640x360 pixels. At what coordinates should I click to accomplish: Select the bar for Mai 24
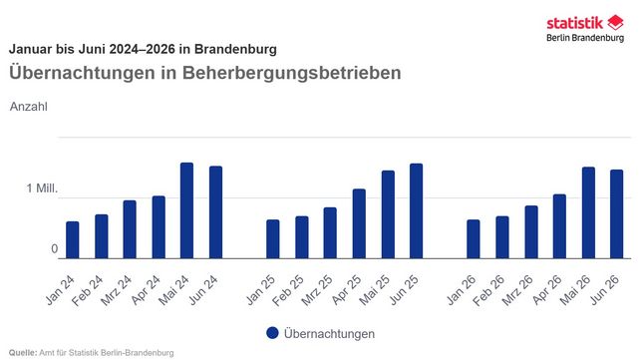pos(187,210)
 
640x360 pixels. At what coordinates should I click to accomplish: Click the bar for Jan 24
pos(72,240)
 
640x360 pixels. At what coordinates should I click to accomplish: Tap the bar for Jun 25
pos(417,211)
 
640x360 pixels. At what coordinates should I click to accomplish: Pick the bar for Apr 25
pos(359,223)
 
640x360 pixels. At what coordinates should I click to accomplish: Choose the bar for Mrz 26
pos(531,231)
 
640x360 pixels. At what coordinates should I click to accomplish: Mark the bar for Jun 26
pos(617,213)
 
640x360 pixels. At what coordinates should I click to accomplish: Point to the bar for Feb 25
pos(302,237)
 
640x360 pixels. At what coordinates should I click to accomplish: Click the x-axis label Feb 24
pos(87,290)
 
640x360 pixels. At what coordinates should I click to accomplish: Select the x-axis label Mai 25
pos(374,290)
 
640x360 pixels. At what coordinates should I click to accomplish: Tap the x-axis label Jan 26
pos(462,290)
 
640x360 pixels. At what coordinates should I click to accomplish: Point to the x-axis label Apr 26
pos(547,290)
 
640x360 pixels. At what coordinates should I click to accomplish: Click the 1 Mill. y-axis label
pos(42,188)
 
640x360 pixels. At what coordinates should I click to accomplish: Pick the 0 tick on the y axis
pos(54,249)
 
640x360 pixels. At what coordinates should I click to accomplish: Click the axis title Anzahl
pos(29,107)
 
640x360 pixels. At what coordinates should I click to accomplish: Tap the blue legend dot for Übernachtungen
pos(272,333)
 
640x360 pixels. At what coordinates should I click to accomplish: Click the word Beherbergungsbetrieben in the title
pos(291,73)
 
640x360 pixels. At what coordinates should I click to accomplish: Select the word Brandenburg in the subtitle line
pos(235,49)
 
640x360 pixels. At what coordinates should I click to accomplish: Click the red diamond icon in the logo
pos(615,23)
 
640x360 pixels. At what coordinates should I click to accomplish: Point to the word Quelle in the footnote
pos(23,353)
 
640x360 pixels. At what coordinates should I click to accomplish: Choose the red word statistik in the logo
pos(574,23)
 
